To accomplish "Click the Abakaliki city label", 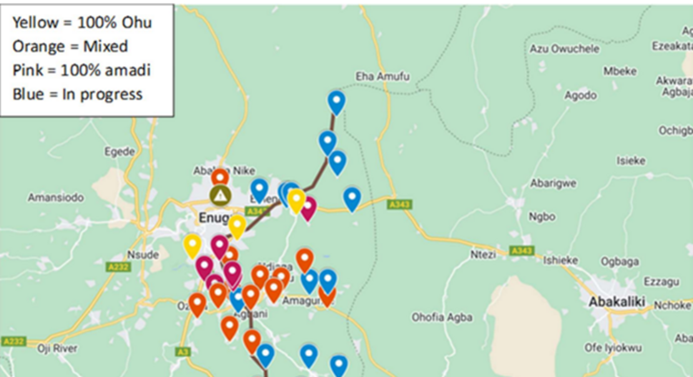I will (x=616, y=302).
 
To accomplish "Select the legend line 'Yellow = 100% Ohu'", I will (x=82, y=23).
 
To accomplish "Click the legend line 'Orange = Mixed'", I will (x=70, y=46).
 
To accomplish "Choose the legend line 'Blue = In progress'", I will (x=77, y=94).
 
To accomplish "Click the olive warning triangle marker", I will (x=220, y=195).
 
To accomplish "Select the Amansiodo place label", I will (x=56, y=198).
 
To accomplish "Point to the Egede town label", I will (x=120, y=152).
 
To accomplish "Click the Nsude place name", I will (x=144, y=255).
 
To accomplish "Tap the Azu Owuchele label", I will (x=564, y=49).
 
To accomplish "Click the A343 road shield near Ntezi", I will (x=521, y=250).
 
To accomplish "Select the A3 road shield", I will (x=183, y=352).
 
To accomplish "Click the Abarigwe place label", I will (x=553, y=184).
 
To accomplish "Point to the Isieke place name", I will (x=631, y=160).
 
